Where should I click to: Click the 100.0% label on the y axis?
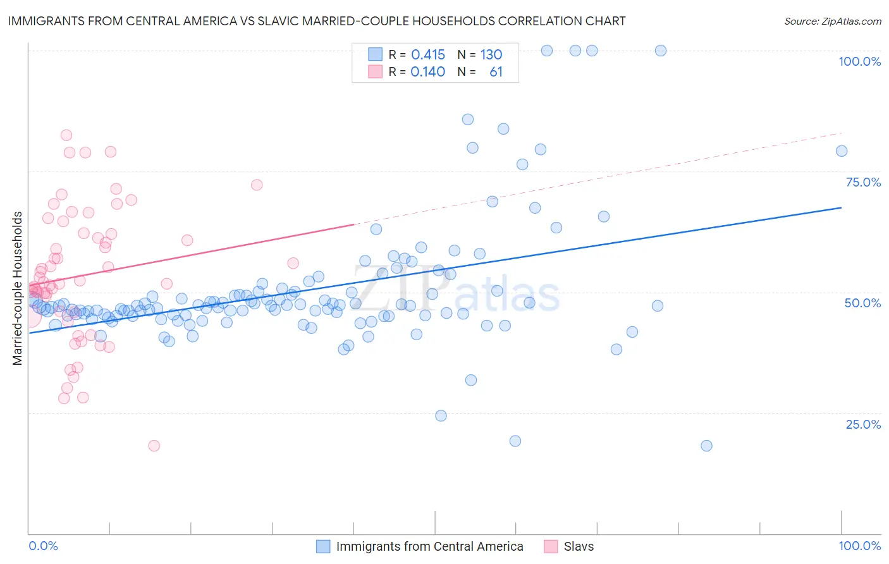click(x=859, y=61)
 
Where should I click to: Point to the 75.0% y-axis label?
click(x=863, y=182)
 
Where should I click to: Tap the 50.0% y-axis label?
click(x=862, y=303)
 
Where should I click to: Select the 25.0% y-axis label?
click(x=863, y=424)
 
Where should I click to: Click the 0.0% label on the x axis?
click(x=43, y=546)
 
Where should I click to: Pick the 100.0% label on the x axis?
click(x=859, y=546)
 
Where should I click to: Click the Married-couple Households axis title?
click(x=18, y=288)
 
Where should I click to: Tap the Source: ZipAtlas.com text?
click(x=832, y=21)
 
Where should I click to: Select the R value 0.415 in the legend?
click(x=428, y=55)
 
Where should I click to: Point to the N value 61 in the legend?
click(x=496, y=72)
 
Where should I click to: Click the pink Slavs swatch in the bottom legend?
click(x=551, y=546)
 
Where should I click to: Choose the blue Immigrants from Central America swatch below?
click(x=323, y=546)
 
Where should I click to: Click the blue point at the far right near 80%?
click(x=841, y=150)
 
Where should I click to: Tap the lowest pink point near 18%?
click(x=154, y=446)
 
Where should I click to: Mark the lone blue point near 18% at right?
click(x=706, y=446)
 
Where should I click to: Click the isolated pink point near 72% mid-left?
click(x=256, y=185)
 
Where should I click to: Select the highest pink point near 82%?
click(x=66, y=135)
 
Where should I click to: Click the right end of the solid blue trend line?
click(x=841, y=207)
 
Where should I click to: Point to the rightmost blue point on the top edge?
click(x=660, y=51)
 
